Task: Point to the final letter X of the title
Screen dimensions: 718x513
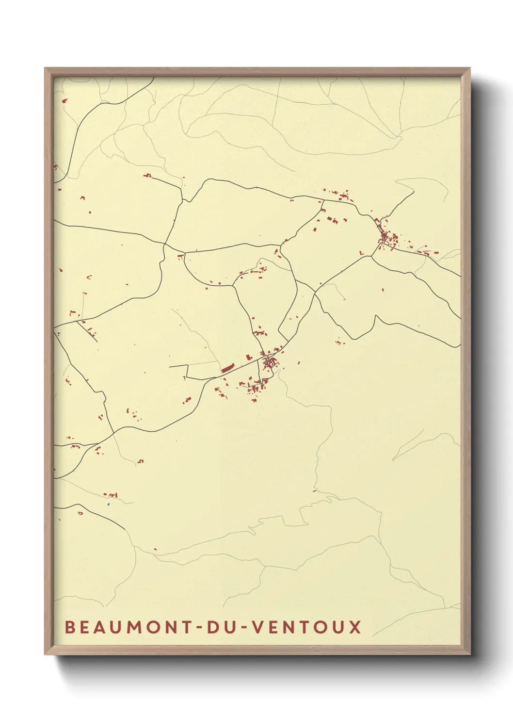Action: [356, 627]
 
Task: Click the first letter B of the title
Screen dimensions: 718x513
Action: [69, 627]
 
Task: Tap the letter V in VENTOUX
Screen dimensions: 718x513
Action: [259, 627]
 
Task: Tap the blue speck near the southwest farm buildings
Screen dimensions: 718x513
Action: [109, 505]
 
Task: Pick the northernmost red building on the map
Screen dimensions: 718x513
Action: [64, 101]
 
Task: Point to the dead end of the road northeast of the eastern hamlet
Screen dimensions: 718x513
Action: [414, 191]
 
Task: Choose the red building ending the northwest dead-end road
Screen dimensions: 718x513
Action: [147, 175]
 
